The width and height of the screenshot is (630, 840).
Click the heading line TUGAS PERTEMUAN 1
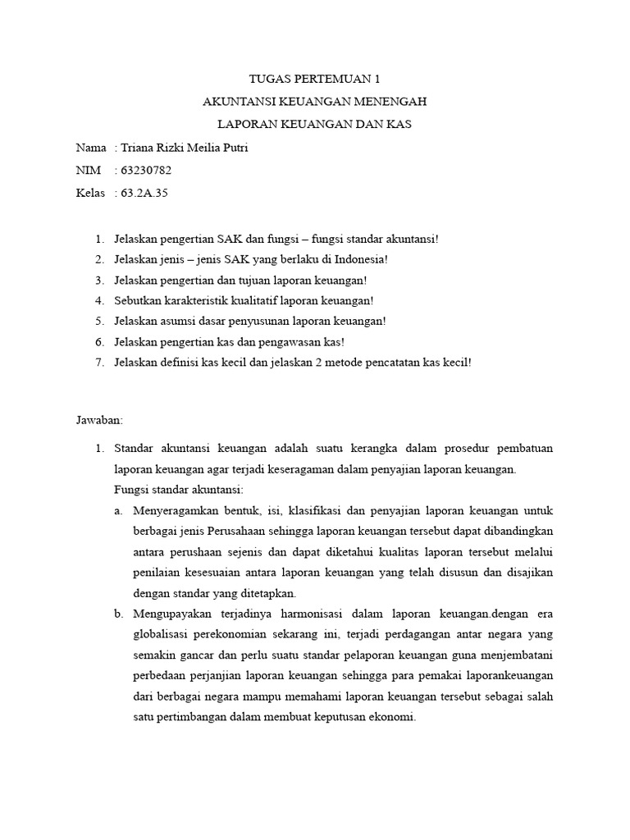315,80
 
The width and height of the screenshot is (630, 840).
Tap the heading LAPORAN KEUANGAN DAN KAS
315,125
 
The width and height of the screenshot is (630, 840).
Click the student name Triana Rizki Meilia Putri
183,148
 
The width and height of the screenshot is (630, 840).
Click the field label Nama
90,148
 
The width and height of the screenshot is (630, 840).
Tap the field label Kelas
90,194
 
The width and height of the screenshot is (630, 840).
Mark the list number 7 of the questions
98,362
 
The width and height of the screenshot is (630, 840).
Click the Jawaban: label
98,420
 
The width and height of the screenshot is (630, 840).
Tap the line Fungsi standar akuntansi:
179,490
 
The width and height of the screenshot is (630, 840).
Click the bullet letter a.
119,511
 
